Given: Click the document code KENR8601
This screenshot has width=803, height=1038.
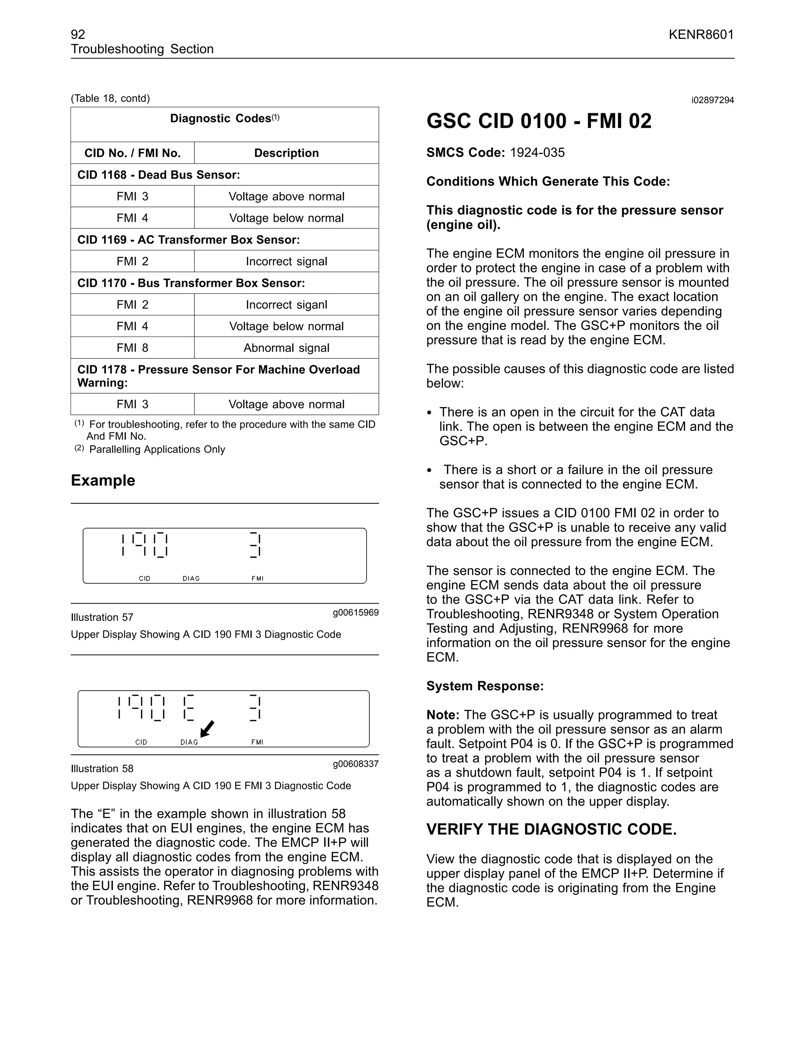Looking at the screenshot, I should click(701, 35).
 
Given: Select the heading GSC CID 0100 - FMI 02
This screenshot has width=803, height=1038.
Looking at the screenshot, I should click(538, 121).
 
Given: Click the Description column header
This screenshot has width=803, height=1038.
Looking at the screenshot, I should click(286, 153).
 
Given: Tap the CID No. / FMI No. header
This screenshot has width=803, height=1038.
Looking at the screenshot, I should click(132, 153).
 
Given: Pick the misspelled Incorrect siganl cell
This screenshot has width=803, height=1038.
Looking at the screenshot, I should click(286, 305).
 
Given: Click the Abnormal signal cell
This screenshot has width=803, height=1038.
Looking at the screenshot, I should click(286, 348).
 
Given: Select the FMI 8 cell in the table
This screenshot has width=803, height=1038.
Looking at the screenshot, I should click(132, 348).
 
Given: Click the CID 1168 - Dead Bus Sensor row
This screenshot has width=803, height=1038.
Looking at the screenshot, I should click(158, 175).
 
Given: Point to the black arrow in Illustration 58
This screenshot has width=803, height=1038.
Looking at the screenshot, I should click(207, 728).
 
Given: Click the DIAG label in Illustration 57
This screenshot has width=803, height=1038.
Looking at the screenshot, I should click(191, 579).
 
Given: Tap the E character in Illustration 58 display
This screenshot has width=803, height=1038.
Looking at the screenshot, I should click(188, 708).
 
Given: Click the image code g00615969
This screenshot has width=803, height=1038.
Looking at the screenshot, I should click(355, 612).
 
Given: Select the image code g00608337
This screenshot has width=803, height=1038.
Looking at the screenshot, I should click(355, 764).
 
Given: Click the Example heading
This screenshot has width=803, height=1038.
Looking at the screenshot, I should click(103, 480).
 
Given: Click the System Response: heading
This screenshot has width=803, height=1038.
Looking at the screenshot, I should click(484, 686).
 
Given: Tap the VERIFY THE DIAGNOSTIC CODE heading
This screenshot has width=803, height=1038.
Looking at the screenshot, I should click(551, 829).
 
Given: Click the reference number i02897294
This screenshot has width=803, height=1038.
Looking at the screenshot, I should click(712, 100).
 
